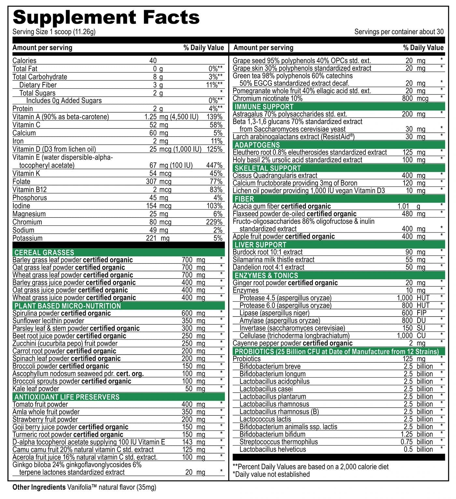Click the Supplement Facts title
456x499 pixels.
click(106, 17)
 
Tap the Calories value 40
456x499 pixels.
click(153, 61)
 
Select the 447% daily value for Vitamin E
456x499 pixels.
click(214, 165)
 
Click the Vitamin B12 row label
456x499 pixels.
click(30, 190)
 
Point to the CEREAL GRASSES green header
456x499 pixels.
click(44, 252)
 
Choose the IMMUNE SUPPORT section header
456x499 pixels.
click(264, 107)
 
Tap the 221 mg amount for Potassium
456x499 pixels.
click(158, 238)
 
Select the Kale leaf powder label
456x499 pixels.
click(36, 389)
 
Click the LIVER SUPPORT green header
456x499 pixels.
click(260, 245)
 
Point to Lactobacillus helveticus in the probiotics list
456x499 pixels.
click(273, 449)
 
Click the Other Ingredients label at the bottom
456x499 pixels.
click(39, 487)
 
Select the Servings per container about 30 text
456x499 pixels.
click(399, 32)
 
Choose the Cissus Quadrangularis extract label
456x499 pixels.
click(275, 176)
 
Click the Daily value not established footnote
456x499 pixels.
click(271, 474)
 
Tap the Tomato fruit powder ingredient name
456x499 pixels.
click(40, 404)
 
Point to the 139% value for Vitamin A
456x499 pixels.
click(214, 117)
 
